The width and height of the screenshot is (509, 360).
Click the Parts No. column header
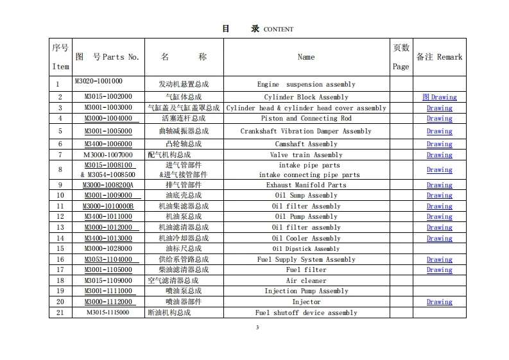pyautogui.click(x=107, y=57)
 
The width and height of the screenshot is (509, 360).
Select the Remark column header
pyautogui.click(x=439, y=57)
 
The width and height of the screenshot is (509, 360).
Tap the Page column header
pyautogui.click(x=401, y=57)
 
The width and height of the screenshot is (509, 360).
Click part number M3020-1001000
pyautogui.click(x=98, y=81)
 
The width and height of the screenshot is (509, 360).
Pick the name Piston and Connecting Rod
pyautogui.click(x=306, y=119)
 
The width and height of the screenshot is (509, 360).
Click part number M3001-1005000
pyautogui.click(x=108, y=132)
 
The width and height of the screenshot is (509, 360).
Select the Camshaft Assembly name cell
pyautogui.click(x=306, y=144)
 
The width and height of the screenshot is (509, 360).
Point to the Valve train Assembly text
pyautogui.click(x=306, y=155)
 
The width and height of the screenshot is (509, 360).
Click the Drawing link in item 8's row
pyautogui.click(x=440, y=170)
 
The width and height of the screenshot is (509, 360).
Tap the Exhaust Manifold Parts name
pyautogui.click(x=306, y=185)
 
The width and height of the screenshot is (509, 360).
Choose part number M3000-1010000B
pyautogui.click(x=108, y=207)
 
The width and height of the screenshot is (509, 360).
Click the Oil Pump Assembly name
pyautogui.click(x=306, y=217)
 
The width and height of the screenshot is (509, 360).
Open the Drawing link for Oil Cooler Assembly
pyautogui.click(x=440, y=239)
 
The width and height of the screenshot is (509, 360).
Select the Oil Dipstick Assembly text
pyautogui.click(x=306, y=249)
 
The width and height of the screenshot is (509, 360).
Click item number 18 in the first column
pyautogui.click(x=60, y=281)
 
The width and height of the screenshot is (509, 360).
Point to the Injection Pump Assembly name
pyautogui.click(x=306, y=291)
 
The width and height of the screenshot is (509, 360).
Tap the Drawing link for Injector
pyautogui.click(x=440, y=302)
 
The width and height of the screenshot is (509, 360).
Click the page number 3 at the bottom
pyautogui.click(x=257, y=328)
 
